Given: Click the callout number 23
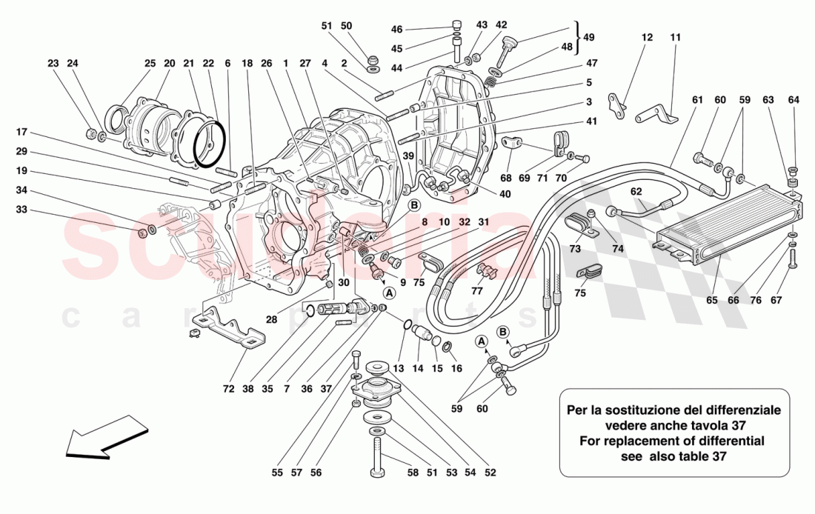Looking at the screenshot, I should pyautogui.click(x=53, y=64).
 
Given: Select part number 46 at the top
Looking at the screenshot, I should pyautogui.click(x=397, y=30).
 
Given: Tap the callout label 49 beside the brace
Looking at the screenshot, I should pyautogui.click(x=588, y=37).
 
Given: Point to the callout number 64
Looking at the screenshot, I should pyautogui.click(x=794, y=101).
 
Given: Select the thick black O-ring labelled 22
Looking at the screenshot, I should pyautogui.click(x=208, y=145).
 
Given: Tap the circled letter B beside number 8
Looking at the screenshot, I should pyautogui.click(x=414, y=205).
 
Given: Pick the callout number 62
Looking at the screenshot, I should pyautogui.click(x=636, y=190).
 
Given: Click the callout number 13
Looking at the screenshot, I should pyautogui.click(x=400, y=368).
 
